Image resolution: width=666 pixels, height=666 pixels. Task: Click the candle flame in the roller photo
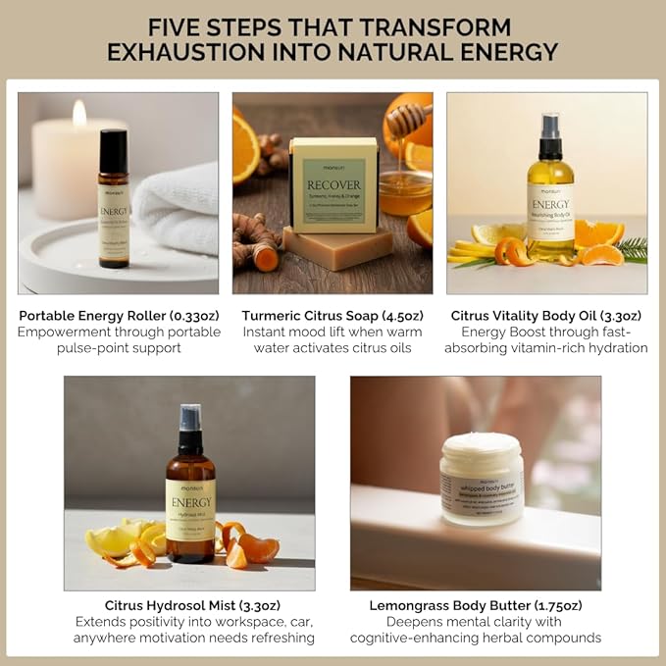tap(79, 114)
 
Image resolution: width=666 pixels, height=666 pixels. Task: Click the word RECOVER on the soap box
tap(333, 183)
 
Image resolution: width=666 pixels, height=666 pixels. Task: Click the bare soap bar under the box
tap(325, 249)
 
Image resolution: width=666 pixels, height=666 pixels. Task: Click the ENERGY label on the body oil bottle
tap(550, 204)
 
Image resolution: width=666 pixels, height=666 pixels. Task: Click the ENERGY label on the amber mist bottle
tap(190, 502)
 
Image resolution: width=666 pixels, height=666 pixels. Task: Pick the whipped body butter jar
tap(481, 480)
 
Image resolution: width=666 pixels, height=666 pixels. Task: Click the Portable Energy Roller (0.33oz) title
tap(118, 316)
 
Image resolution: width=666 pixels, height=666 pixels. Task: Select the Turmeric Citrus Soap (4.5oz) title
tap(333, 316)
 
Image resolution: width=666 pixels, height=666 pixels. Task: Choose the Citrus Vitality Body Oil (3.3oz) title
tap(546, 316)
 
